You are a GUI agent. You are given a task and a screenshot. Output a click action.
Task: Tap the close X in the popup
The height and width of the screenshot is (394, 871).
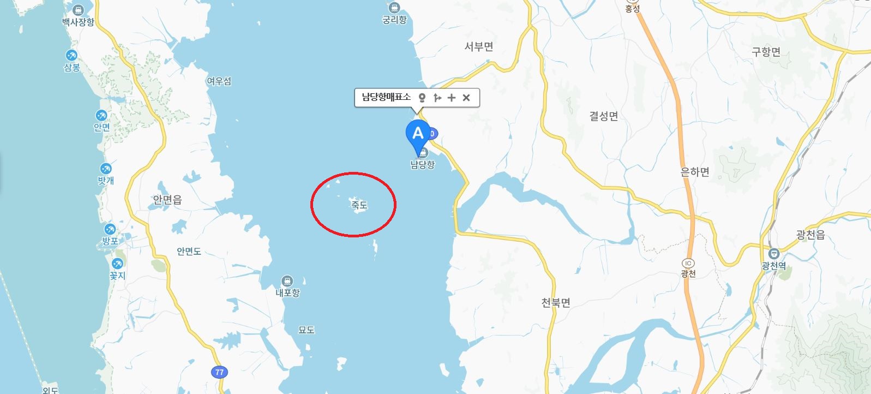pos(466,98)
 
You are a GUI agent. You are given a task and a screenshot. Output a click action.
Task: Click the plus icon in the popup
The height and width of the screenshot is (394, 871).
pos(451,98)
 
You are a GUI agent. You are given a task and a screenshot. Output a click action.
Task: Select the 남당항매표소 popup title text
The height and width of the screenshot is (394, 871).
pos(386,98)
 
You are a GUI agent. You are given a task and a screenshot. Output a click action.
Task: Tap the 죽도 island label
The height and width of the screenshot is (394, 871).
pos(359,205)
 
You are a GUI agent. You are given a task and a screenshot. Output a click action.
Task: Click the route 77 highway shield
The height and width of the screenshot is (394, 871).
pos(219,372)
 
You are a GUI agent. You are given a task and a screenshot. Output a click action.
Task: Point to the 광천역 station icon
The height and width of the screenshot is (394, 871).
pos(773,254)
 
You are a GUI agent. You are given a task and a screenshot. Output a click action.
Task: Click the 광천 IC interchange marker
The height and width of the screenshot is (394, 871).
pos(688,262)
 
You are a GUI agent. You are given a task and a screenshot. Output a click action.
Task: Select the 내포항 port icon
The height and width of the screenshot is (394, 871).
pos(287,282)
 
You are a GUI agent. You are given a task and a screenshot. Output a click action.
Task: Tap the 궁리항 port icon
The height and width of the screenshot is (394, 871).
pos(394,8)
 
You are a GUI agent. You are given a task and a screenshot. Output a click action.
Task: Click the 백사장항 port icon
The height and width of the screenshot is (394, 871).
pos(78,10)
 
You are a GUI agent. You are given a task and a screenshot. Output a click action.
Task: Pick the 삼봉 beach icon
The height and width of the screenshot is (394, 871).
pos(71,56)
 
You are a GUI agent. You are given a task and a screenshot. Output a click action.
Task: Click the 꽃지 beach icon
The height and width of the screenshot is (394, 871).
pos(117,264)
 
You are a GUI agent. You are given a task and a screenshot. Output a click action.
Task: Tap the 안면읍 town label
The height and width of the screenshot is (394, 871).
pos(167,201)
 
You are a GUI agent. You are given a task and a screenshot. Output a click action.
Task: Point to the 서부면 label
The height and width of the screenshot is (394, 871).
pos(479,47)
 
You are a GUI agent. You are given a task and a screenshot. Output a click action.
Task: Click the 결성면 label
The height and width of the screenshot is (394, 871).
pos(604,116)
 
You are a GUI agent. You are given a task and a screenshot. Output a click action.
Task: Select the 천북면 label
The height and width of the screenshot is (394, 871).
pos(556,302)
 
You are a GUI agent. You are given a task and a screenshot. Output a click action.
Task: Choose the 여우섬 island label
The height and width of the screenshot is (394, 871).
pos(219,81)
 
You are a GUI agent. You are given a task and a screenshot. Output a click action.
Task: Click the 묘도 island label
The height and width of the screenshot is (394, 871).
pos(307,330)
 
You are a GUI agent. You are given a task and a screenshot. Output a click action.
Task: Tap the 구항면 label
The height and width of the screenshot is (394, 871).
pos(766,52)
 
